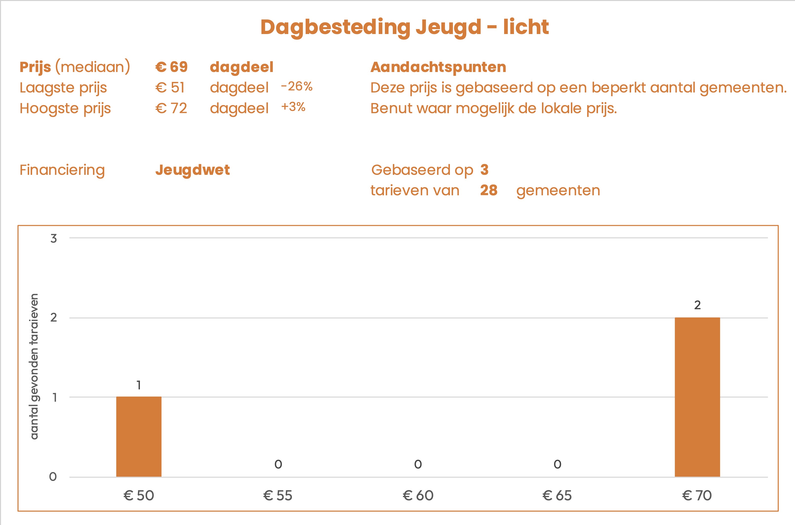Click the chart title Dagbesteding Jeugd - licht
click(405, 27)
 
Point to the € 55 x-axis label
click(278, 496)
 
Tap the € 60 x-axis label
click(418, 496)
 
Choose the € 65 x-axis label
click(557, 496)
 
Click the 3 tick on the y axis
click(54, 238)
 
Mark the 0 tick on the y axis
click(53, 477)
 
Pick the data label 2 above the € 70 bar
click(697, 305)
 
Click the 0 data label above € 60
click(418, 464)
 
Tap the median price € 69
click(171, 67)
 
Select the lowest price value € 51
click(170, 88)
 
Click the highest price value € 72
click(171, 109)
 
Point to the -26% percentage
click(297, 87)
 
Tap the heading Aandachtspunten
click(438, 67)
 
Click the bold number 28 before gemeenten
click(489, 190)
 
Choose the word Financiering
click(62, 170)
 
